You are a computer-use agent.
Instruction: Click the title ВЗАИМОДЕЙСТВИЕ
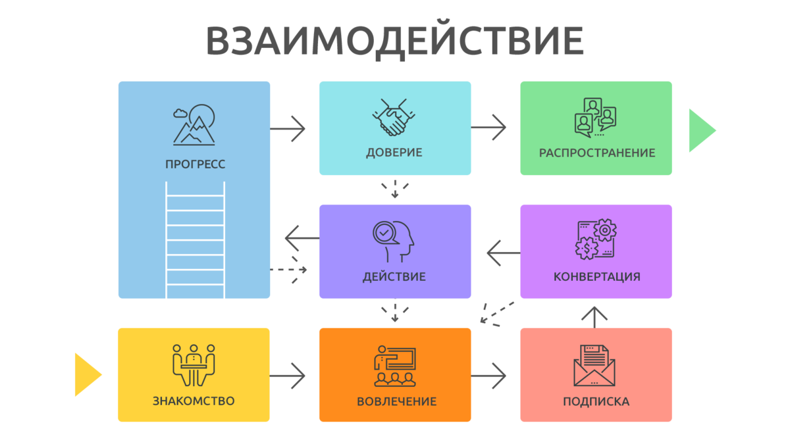(x=394, y=41)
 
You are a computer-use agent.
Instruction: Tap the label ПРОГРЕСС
(x=195, y=164)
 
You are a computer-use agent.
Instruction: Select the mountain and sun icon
(x=194, y=125)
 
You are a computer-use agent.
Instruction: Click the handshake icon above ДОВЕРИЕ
(x=394, y=118)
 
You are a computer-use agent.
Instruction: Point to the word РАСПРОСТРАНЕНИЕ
(x=596, y=153)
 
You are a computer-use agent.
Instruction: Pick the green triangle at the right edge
(x=700, y=130)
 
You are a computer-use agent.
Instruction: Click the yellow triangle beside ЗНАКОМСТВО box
(x=88, y=375)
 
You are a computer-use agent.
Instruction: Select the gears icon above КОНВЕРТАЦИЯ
(x=596, y=239)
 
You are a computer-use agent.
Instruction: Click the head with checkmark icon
(x=394, y=241)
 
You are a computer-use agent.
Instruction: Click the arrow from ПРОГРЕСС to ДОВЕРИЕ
(x=289, y=128)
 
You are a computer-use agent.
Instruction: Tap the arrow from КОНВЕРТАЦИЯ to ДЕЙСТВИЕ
(x=502, y=251)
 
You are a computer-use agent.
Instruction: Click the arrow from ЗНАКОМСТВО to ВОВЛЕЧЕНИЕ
(x=289, y=376)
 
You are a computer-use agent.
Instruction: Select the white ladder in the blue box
(x=195, y=240)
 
